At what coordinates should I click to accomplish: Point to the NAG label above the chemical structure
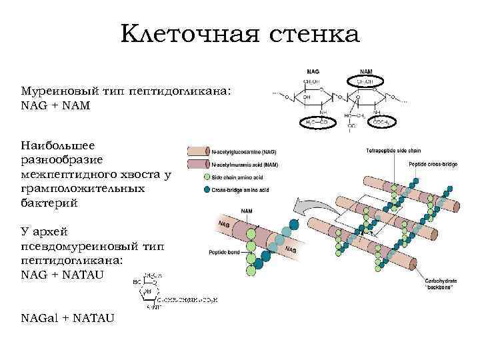(313, 71)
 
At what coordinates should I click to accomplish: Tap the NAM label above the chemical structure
(366, 71)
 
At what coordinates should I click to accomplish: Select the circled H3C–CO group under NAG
(316, 122)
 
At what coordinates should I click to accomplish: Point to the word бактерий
(49, 203)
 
